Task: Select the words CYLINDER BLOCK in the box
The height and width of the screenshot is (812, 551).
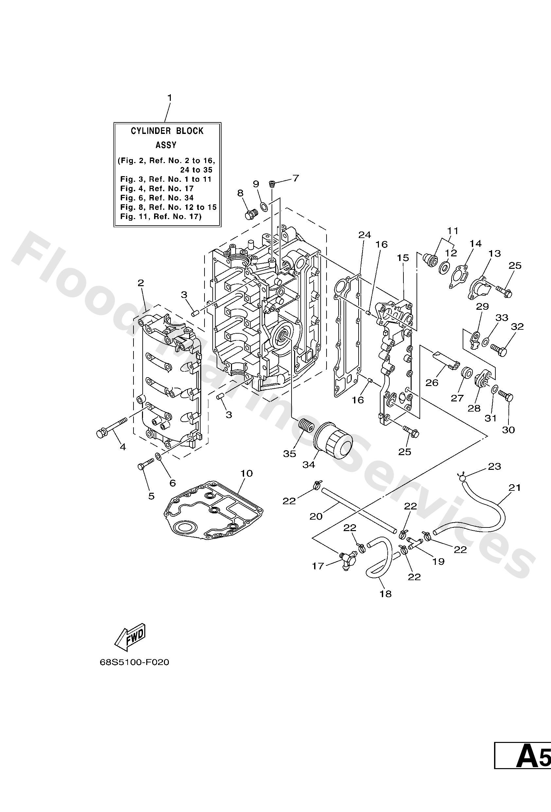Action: click(167, 131)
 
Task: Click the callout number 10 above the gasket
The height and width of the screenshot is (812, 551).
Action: click(246, 473)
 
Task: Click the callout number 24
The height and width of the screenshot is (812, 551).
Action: click(364, 235)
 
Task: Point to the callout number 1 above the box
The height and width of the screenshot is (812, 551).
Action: click(170, 98)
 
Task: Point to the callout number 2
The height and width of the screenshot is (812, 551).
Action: click(141, 283)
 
